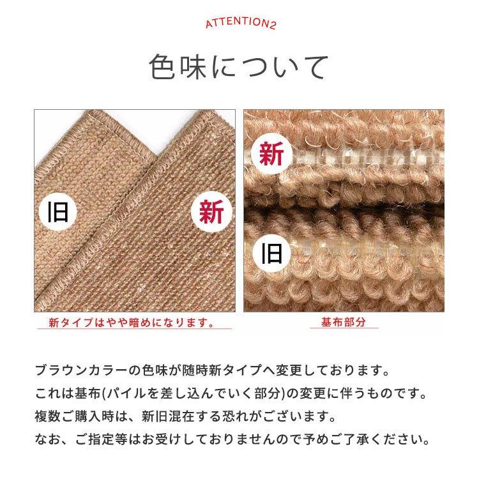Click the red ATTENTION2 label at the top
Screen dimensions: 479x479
pos(241,23)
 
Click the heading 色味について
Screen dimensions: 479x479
pos(239,67)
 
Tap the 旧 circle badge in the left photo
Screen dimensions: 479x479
pos(58,212)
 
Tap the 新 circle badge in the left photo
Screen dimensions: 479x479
pos(211,212)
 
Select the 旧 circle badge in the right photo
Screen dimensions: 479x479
pos(271,254)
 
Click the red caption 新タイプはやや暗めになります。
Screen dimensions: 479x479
pos(132,323)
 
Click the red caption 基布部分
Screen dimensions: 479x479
pos(344,322)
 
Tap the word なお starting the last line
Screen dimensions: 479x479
pos(47,439)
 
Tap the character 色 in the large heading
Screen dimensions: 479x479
pos(162,67)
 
